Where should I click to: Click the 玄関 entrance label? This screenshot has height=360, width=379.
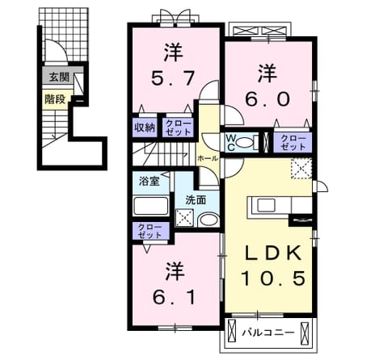click(59, 77)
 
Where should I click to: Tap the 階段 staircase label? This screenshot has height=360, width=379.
click(55, 99)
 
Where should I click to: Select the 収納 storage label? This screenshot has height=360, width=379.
click(145, 128)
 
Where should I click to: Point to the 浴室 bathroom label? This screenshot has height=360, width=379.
click(149, 182)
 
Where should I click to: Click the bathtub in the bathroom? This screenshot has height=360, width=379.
click(151, 206)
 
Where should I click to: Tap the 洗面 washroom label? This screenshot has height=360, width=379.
click(196, 200)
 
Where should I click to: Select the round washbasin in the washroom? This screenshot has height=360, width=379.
click(208, 220)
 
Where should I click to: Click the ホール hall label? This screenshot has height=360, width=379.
click(208, 158)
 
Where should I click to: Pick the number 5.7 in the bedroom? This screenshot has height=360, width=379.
click(173, 78)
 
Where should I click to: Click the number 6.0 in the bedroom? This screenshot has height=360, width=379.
click(267, 99)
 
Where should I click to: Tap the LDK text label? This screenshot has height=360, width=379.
click(272, 253)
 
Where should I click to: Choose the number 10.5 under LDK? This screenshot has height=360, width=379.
click(273, 278)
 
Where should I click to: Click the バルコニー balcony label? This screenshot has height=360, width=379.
click(267, 333)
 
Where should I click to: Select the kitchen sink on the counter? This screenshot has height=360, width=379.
click(266, 206)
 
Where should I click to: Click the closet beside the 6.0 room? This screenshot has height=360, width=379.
click(293, 142)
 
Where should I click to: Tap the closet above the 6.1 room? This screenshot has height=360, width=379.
click(150, 231)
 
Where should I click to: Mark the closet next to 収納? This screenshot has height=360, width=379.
click(178, 128)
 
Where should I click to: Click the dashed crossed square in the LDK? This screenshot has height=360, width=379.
click(301, 169)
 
